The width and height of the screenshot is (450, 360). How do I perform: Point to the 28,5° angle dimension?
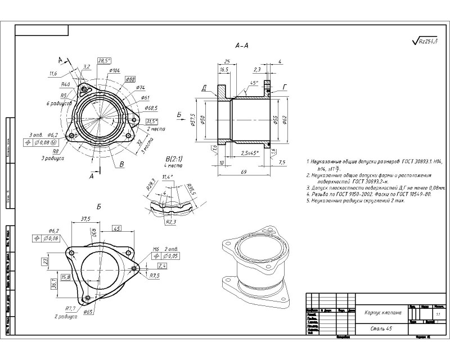point(104,61)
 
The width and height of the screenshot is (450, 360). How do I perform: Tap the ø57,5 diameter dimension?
point(193,120)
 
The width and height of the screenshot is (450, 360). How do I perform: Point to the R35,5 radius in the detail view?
point(191,187)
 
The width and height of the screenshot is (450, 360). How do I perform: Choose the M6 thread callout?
point(156,249)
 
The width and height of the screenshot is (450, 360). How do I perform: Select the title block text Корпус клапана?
point(382,313)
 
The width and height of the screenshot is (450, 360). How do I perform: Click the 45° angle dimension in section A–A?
point(254,83)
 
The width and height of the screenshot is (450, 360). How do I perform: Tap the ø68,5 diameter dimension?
point(151,107)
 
